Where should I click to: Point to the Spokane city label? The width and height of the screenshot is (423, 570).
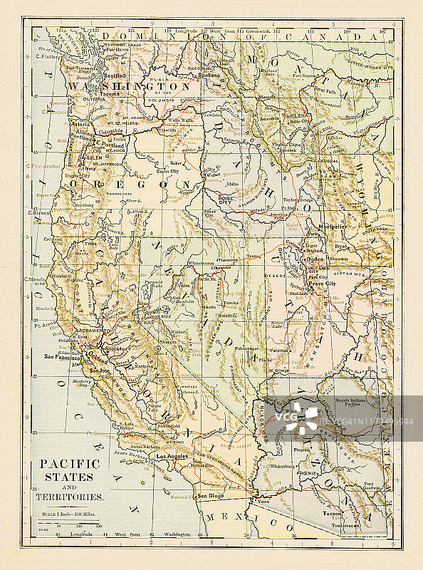pos(209,75)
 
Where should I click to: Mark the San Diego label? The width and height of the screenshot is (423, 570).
pos(211,496)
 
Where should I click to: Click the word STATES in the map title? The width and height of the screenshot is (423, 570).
pos(66,476)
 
